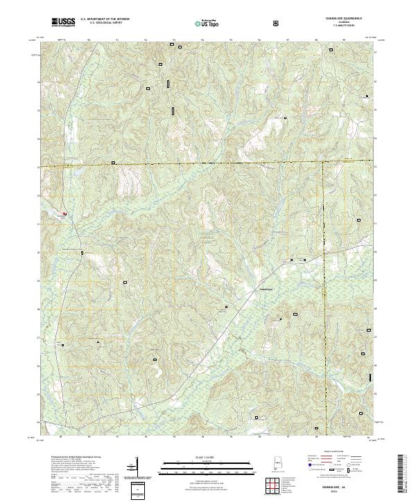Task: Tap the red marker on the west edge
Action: pyautogui.click(x=65, y=214)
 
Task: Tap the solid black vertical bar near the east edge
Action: pyautogui.click(x=371, y=377)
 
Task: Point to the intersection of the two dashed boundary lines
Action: pyautogui.click(x=323, y=165)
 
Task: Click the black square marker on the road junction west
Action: pyautogui.click(x=82, y=253)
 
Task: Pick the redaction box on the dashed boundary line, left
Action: pyautogui.click(x=114, y=163)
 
